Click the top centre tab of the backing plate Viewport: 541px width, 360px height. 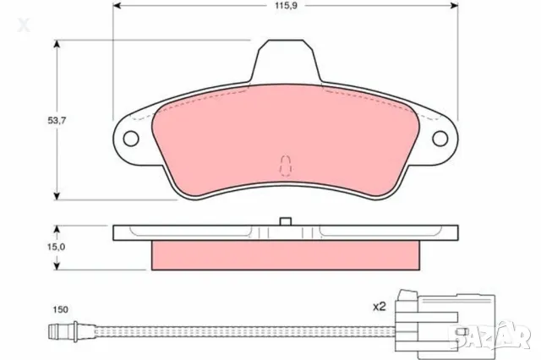point(285,59)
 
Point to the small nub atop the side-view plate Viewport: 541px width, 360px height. point(285,221)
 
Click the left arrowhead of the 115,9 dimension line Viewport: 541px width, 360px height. point(116,7)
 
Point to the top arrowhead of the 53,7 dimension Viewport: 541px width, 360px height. point(57,42)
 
